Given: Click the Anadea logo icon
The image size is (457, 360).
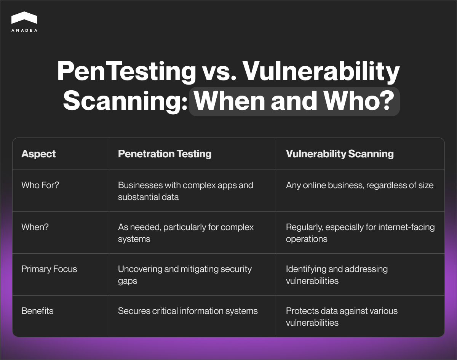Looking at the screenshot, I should (24, 18).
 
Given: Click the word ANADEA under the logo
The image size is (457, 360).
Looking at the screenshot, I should (24, 30).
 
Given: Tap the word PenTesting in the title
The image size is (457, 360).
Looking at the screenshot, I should (126, 72).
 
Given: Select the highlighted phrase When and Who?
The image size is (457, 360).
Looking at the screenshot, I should (294, 101).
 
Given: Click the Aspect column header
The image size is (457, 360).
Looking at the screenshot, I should (38, 154).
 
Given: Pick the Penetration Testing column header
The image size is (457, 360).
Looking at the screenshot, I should (165, 154).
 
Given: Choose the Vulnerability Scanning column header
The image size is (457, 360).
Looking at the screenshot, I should (340, 154).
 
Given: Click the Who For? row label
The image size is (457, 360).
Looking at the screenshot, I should (40, 185).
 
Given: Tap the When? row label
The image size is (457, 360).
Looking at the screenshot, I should (35, 227).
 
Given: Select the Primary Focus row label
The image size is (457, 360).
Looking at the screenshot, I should (49, 269).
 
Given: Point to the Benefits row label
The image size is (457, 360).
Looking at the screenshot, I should (37, 311).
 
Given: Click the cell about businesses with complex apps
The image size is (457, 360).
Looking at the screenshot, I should (185, 191).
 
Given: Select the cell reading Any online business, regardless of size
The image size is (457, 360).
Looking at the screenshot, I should (360, 185).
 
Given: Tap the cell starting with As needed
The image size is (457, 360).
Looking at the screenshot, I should (186, 233).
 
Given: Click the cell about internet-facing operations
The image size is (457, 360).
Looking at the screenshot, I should (360, 233).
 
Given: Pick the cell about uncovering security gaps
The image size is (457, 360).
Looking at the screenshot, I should (185, 275).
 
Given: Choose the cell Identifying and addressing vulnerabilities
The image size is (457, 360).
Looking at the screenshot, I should (337, 275).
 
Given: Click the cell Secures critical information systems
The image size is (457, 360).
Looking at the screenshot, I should (188, 311).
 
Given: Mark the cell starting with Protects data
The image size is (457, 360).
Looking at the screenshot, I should (342, 317).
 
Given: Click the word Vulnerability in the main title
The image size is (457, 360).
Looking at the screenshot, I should (321, 72).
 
